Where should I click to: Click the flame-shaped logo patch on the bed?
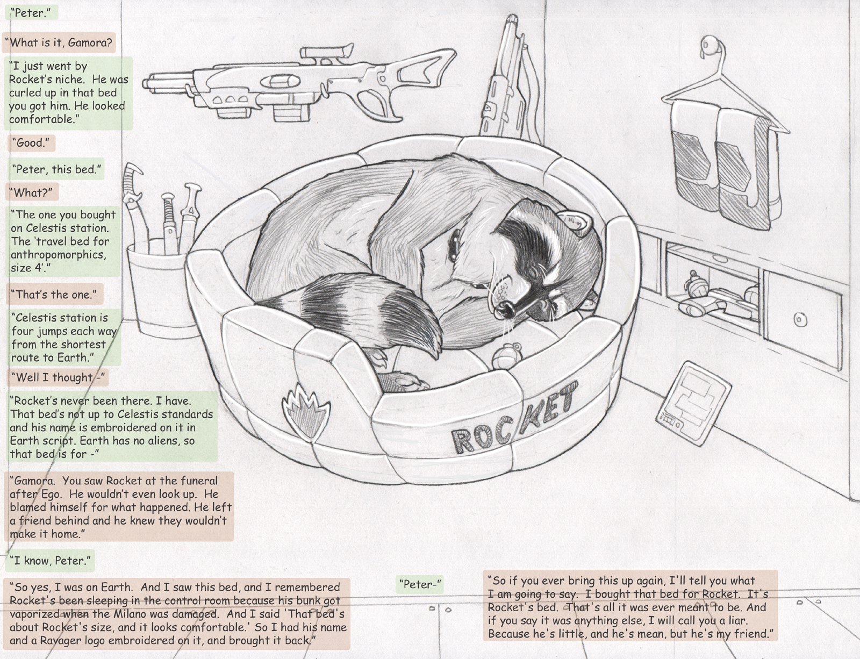pos(305,413)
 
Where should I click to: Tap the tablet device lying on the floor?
pos(693,403)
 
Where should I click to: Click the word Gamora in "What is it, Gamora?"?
pos(90,42)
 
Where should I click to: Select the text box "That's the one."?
pos(55,294)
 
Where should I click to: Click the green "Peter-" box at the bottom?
pos(419,584)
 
